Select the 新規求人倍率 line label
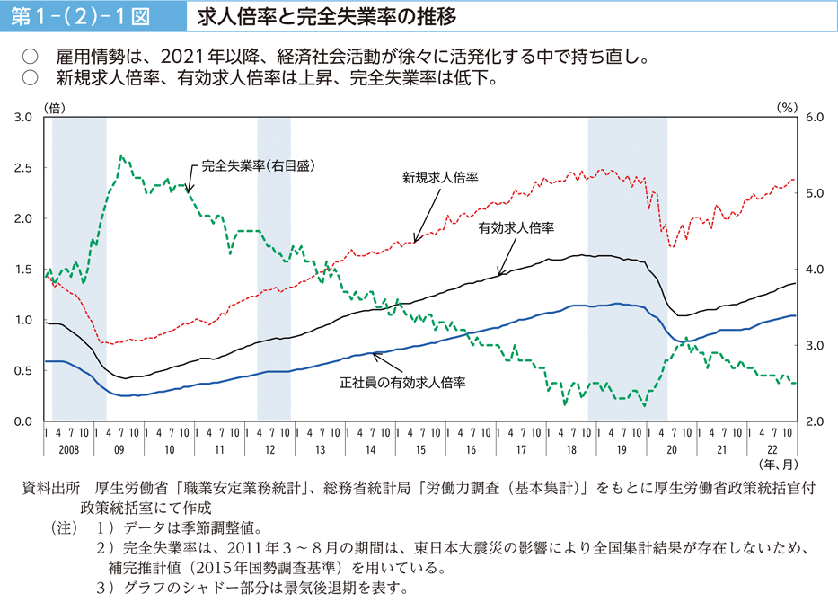[x=440, y=178]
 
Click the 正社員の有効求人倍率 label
[x=401, y=381]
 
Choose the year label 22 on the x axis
[x=772, y=447]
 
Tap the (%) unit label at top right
[x=786, y=106]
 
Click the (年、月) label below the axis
[x=781, y=465]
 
